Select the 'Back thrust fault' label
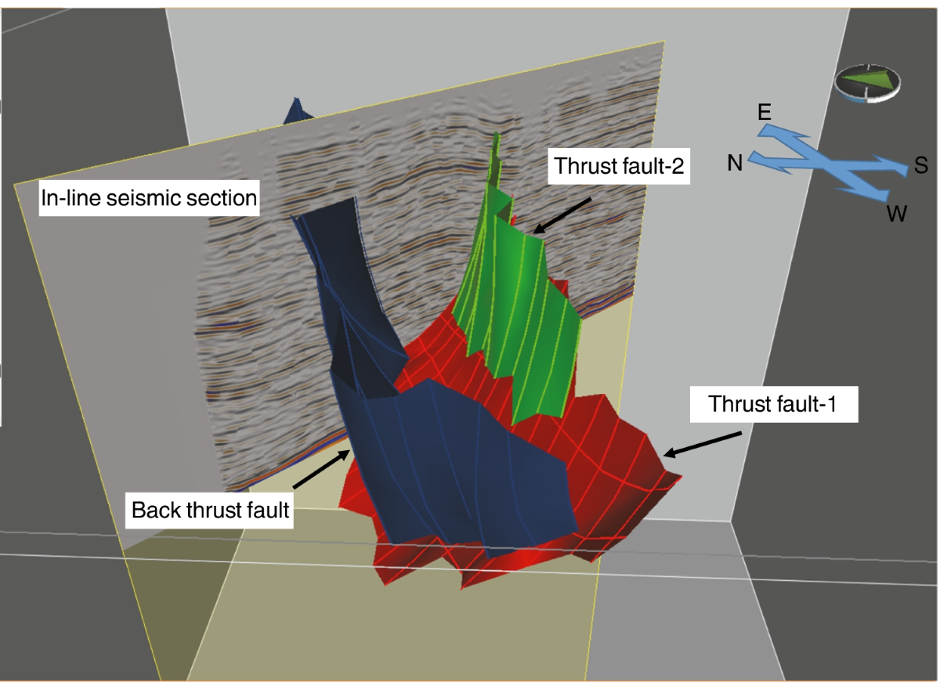(x=211, y=511)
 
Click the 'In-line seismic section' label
(x=150, y=198)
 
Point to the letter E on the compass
(x=765, y=112)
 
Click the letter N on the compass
(x=734, y=164)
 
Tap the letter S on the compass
(x=920, y=166)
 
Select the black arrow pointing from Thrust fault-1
(x=702, y=442)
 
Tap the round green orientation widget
(x=868, y=83)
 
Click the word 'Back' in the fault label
(x=156, y=511)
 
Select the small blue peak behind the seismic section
(x=297, y=110)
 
